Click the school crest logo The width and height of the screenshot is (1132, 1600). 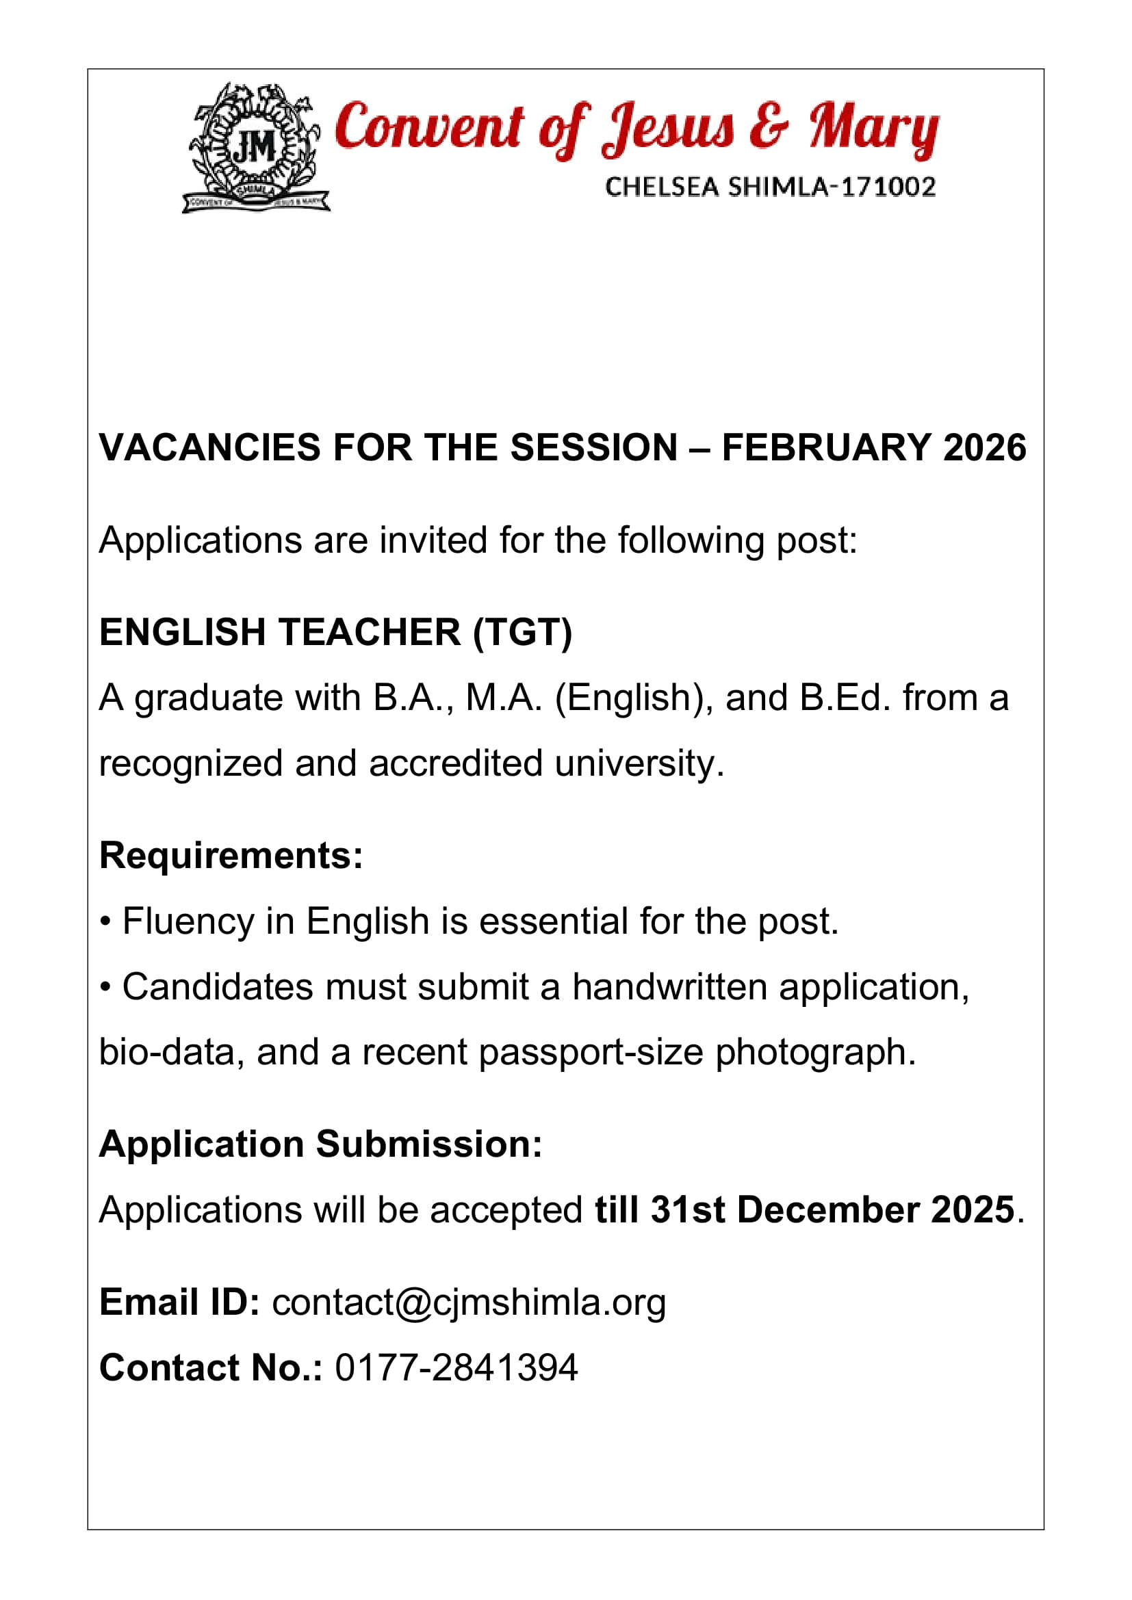point(255,148)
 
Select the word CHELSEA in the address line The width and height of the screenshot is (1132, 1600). point(662,187)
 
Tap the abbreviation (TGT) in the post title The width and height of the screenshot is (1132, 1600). point(522,632)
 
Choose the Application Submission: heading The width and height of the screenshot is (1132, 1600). point(320,1144)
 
